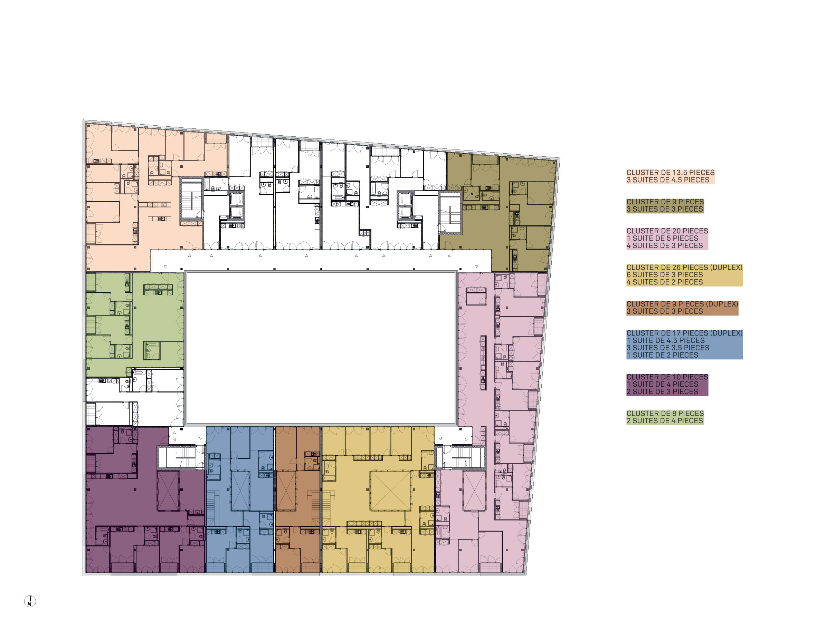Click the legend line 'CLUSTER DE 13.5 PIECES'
tap(670, 173)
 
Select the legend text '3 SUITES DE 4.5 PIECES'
tap(667, 180)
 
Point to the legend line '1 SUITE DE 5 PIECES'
tap(662, 239)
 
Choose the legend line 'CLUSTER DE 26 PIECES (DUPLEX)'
tap(684, 268)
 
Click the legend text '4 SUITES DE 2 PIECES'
tap(664, 282)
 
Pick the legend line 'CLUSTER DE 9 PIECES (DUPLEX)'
tap(682, 304)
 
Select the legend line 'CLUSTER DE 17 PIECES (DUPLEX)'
tap(684, 333)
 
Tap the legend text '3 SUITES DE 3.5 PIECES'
tap(667, 348)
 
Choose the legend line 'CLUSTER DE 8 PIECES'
tap(664, 414)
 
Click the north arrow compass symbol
tap(30, 601)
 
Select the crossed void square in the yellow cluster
tap(390, 491)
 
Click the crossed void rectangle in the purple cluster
tap(168, 491)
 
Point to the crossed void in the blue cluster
tap(240, 491)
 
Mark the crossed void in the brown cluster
tap(286, 491)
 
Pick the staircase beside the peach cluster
tap(191, 199)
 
